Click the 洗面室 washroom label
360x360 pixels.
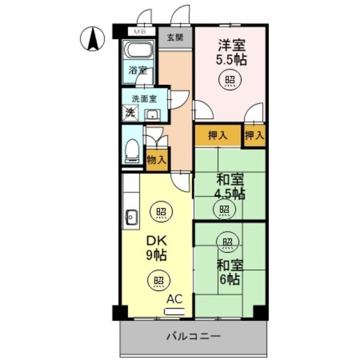pos(144,98)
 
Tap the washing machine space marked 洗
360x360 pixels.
pos(130,112)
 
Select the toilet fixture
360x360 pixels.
pos(133,151)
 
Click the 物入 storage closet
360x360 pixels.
pos(156,159)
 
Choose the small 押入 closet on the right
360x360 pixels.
pos(254,135)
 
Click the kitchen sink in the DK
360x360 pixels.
pos(130,216)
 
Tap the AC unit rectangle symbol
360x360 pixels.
pos(174,310)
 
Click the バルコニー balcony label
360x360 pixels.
pos(192,337)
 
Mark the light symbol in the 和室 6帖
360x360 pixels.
pos(226,243)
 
